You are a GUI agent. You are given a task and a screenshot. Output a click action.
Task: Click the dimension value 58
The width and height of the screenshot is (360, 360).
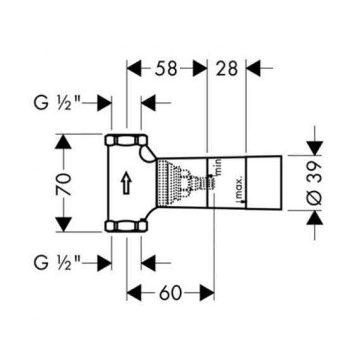coord(166,68)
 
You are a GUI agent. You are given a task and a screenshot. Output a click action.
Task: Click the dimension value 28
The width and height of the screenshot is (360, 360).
coord(226,68)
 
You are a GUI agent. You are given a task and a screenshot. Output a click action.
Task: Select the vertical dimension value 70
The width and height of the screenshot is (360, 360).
coord(63,183)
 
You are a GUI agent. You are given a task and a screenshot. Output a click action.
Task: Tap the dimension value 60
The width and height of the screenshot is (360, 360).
coord(170,293)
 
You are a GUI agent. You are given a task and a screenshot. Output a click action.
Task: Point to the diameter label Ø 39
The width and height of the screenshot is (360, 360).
coord(314,183)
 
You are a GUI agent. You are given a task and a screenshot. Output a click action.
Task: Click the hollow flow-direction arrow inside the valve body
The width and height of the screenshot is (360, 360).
coord(127,183)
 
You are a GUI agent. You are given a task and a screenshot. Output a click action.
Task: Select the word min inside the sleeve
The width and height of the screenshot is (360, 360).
coord(218,167)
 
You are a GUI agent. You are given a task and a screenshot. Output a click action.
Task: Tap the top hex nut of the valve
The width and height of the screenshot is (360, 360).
coord(126,140)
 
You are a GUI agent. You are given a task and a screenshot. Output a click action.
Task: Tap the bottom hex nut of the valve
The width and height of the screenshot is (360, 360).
coord(126,226)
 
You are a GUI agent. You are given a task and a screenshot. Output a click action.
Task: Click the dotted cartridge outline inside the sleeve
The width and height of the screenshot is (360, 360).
coord(186,183)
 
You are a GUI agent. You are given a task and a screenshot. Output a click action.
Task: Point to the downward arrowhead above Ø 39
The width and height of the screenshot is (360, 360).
coord(314,148)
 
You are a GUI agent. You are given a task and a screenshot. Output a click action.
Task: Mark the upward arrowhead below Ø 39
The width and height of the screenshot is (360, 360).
coord(314,217)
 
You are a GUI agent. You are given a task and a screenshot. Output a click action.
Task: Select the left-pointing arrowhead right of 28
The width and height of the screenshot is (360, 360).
coord(254,68)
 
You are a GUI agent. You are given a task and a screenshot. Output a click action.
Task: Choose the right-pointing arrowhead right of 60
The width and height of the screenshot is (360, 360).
coord(207,293)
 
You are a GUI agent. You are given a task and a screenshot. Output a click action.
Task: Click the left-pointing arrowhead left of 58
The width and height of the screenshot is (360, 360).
coord(134,68)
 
